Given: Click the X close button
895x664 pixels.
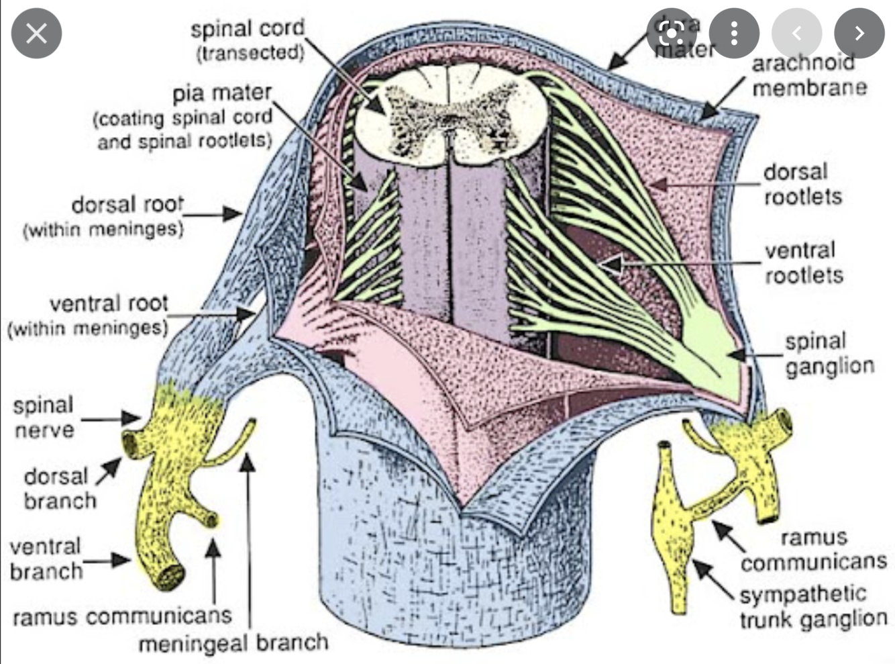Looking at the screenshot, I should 36,33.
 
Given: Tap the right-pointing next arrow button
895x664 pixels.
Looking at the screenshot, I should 859,33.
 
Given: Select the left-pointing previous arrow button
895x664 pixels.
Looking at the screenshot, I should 796,33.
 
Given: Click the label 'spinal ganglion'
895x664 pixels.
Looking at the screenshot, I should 829,354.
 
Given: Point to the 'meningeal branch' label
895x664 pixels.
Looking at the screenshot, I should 233,643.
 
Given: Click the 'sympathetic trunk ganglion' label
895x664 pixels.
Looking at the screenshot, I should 813,606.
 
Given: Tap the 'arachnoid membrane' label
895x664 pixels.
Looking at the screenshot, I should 808,75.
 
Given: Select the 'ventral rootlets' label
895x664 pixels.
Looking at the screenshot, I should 804,263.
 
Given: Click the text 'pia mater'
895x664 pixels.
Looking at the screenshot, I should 222,93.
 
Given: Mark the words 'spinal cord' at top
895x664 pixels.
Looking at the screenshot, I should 247,29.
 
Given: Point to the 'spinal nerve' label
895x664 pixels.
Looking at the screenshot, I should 44,417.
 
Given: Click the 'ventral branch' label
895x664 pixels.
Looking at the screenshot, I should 46,559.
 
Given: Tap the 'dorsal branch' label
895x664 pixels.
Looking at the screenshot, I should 59,488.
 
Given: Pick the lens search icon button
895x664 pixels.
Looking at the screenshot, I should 672,33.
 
